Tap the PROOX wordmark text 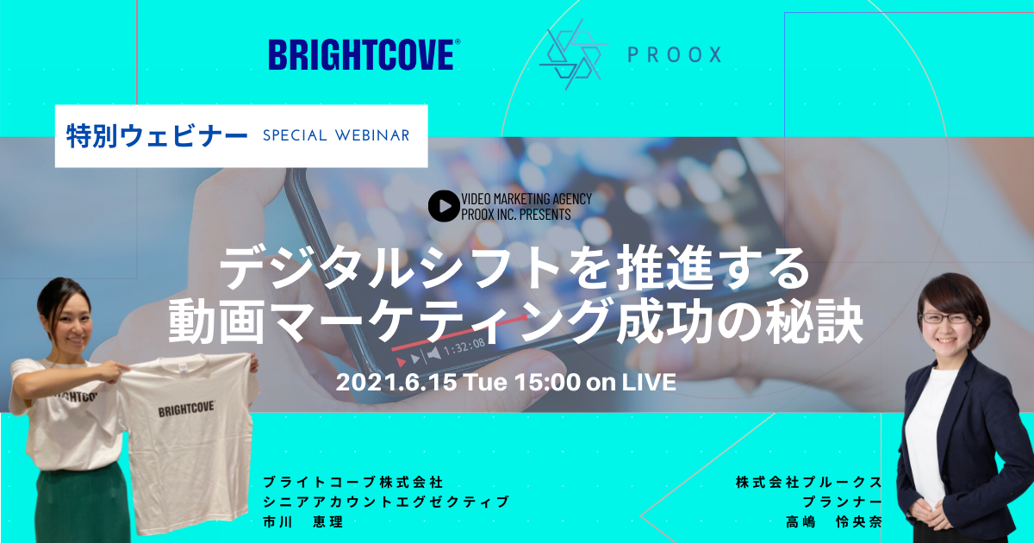point(675,54)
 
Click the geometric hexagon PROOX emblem point(573,54)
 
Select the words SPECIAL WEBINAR point(336,135)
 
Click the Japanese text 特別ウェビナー point(157,136)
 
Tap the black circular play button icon point(444,206)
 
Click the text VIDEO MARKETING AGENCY point(526,199)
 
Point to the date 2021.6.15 point(396,383)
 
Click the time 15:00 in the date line point(547,383)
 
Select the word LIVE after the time point(649,383)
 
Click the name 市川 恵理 point(302,521)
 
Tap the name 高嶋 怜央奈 point(834,521)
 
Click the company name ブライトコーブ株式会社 point(353,483)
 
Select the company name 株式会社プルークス point(809,483)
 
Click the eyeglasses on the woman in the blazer point(945,318)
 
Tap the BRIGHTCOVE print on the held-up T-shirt point(186,409)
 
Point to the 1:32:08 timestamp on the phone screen point(464,347)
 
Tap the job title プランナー point(842,502)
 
